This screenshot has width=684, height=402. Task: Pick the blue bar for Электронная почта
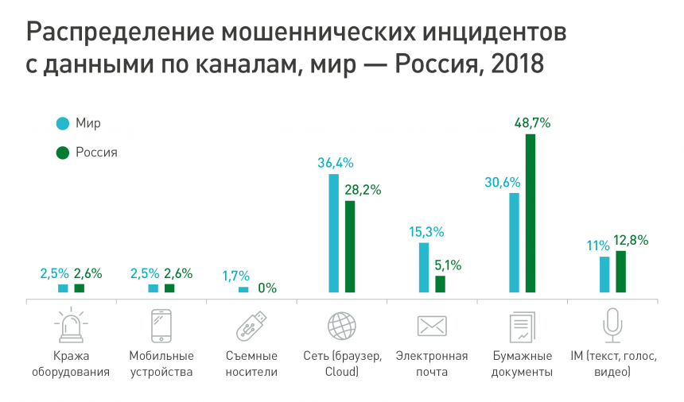[424, 267]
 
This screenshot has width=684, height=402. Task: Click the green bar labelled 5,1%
[440, 284]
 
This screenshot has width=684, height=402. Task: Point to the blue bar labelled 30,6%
[515, 242]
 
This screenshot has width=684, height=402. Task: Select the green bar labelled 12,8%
[620, 271]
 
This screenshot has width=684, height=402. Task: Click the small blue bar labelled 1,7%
[243, 289]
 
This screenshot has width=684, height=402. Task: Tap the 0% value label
[267, 288]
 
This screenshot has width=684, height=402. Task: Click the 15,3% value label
[426, 232]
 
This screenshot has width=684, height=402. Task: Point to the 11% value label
[599, 246]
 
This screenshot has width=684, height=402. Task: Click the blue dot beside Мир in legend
[60, 123]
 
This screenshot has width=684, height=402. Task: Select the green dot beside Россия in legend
[60, 153]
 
